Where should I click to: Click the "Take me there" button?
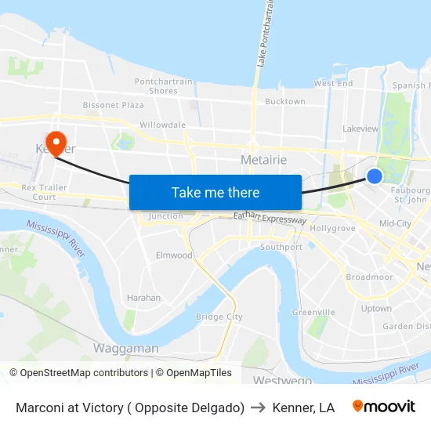[215, 192]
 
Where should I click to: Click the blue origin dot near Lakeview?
[375, 176]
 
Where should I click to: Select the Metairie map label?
[263, 160]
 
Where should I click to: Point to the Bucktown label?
[285, 102]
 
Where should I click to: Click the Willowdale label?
[162, 125]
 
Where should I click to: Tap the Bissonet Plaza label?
[114, 105]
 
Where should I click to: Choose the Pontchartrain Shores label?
[162, 86]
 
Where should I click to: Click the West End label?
[333, 83]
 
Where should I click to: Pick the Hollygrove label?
[333, 229]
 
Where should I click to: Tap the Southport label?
[281, 247]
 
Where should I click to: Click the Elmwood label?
[174, 255]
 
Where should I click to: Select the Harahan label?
[143, 298]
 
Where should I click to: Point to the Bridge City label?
[219, 317]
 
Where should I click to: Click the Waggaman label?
[126, 348]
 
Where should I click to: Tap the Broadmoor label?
[369, 277]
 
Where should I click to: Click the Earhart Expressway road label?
[270, 219]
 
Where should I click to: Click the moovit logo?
[384, 407]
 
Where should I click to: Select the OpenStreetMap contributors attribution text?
[78, 373]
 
